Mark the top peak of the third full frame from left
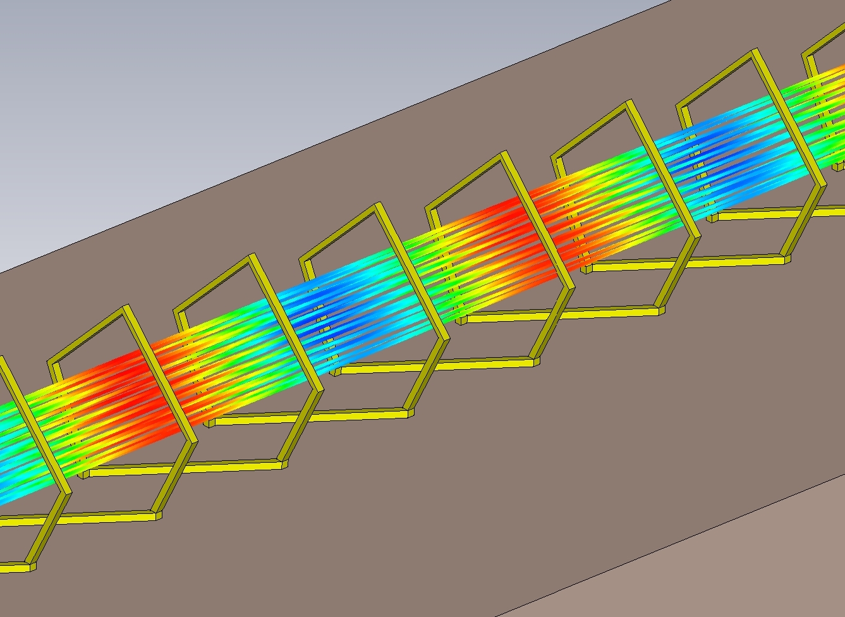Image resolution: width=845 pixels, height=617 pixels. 378,206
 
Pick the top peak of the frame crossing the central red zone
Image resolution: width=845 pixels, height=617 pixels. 504,154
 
